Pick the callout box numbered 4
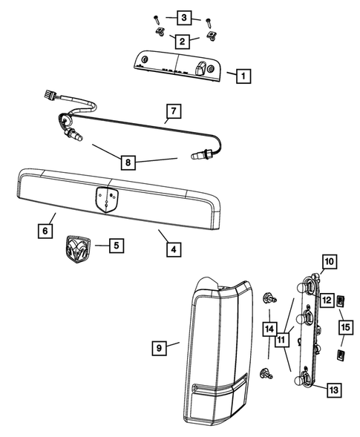(x=171, y=250)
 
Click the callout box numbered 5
(x=115, y=243)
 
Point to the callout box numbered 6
(x=47, y=231)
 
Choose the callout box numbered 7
(x=171, y=113)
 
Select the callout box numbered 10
(x=329, y=261)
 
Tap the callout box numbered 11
(x=281, y=339)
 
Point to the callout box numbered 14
(x=268, y=327)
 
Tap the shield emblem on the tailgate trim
(x=106, y=199)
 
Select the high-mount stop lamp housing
(x=177, y=65)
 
